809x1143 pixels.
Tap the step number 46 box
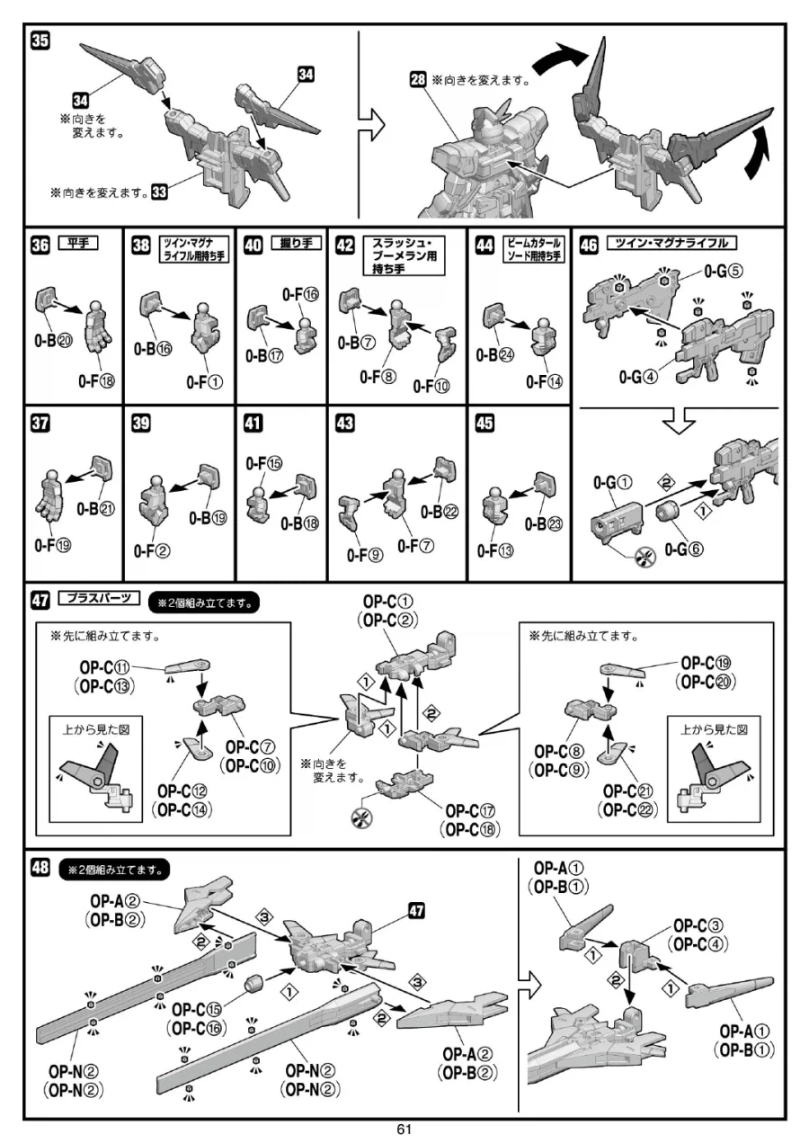click(x=590, y=244)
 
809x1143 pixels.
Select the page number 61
click(x=403, y=1130)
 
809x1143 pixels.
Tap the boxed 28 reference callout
click(x=418, y=79)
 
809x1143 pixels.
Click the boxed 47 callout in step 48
click(x=415, y=909)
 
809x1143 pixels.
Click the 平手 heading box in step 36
click(x=77, y=242)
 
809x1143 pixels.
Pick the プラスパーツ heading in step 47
click(x=99, y=599)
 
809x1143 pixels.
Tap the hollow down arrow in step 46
click(x=680, y=420)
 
